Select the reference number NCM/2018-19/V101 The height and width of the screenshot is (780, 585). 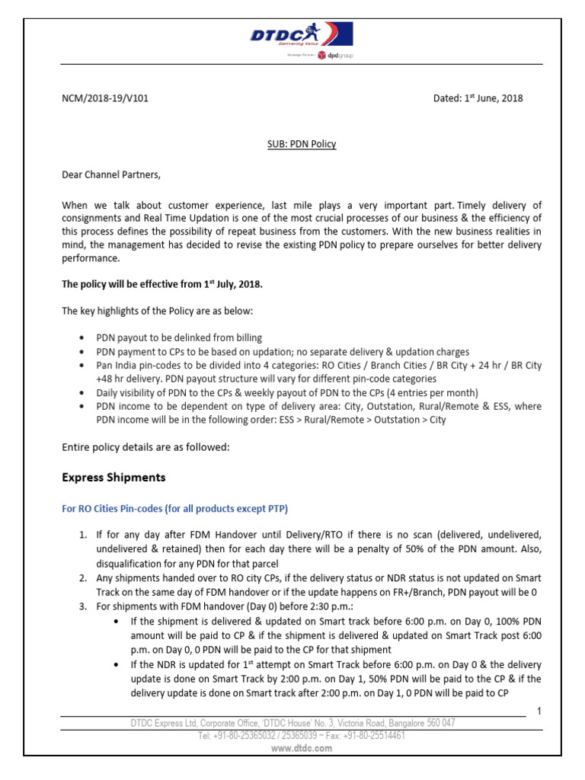[110, 98]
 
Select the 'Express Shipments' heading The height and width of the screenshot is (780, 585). [113, 478]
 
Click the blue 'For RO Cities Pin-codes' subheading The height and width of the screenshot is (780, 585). [174, 508]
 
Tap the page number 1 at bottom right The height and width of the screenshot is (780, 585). [538, 711]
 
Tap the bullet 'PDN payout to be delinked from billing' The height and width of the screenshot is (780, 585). [179, 337]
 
